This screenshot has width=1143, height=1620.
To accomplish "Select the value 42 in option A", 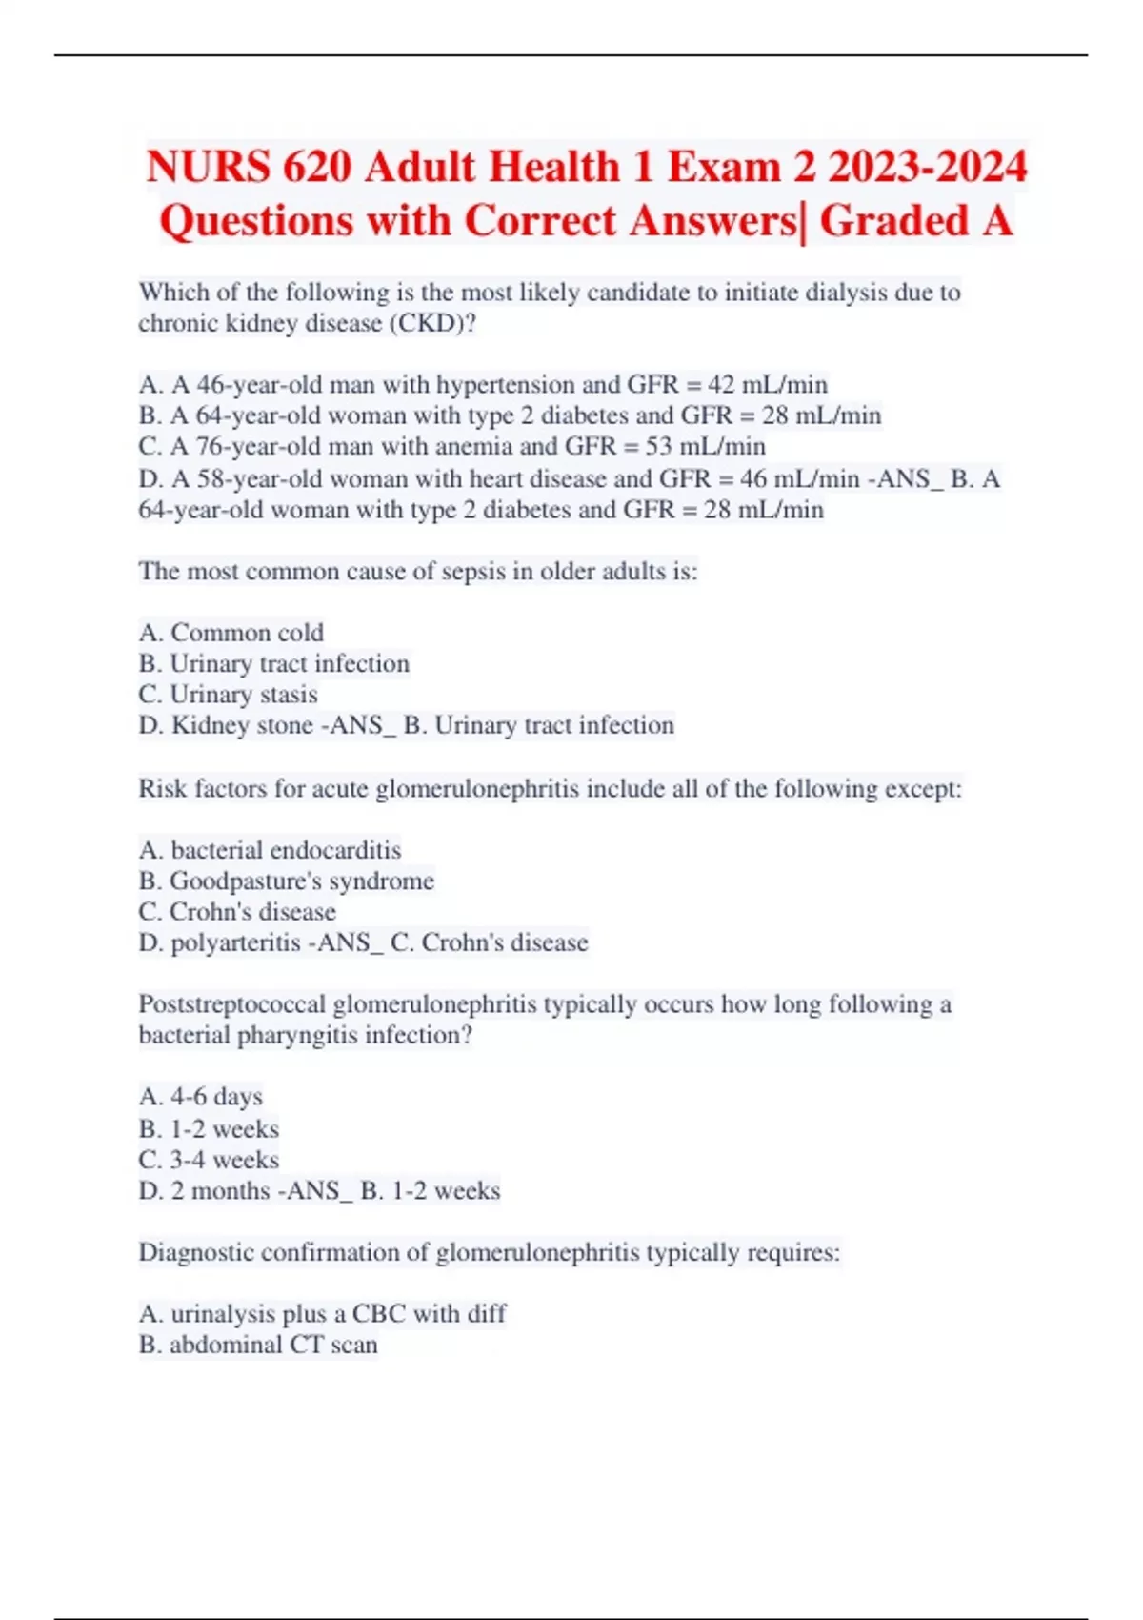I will [721, 385].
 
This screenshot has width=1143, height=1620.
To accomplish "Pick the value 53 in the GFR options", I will [658, 447].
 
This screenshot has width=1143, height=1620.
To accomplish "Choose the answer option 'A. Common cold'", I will [231, 633].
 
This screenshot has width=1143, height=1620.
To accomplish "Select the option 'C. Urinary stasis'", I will [229, 695].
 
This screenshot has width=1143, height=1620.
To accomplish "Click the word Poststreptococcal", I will [231, 1004].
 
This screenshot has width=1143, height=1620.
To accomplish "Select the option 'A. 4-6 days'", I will [201, 1097].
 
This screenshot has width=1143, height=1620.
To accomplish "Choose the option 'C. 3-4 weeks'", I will [210, 1160].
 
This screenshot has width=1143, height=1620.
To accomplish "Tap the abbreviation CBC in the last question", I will [378, 1314].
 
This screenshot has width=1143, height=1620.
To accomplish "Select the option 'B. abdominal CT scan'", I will [258, 1346].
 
